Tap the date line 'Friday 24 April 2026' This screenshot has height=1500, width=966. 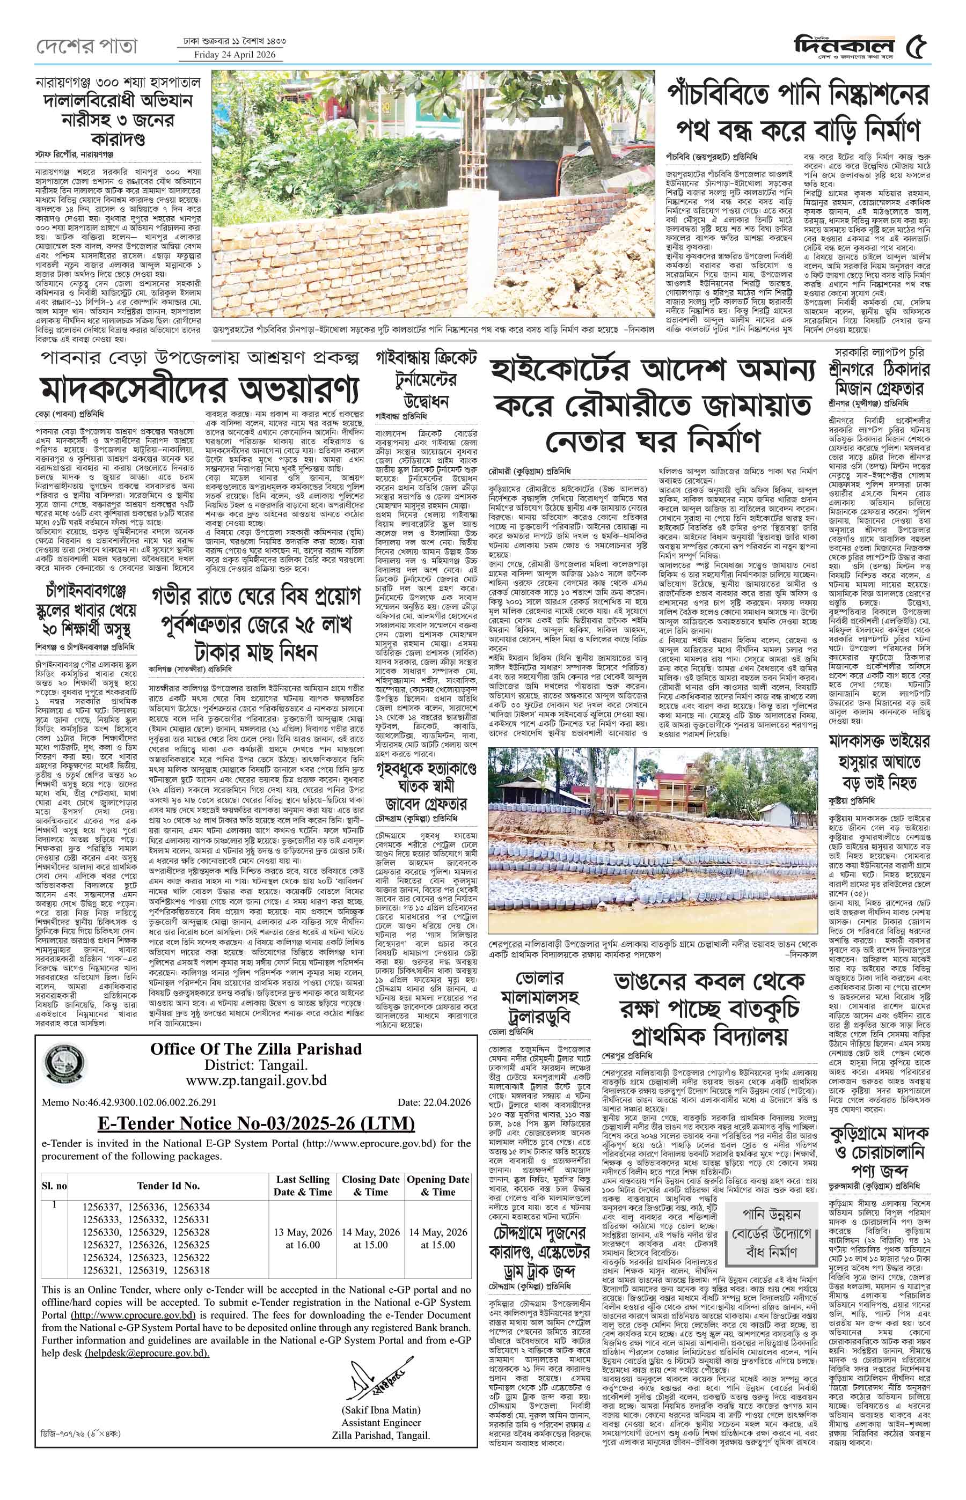230,55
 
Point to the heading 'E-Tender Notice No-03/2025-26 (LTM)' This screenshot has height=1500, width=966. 256,1122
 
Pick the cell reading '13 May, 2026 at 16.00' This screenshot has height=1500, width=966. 303,1239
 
